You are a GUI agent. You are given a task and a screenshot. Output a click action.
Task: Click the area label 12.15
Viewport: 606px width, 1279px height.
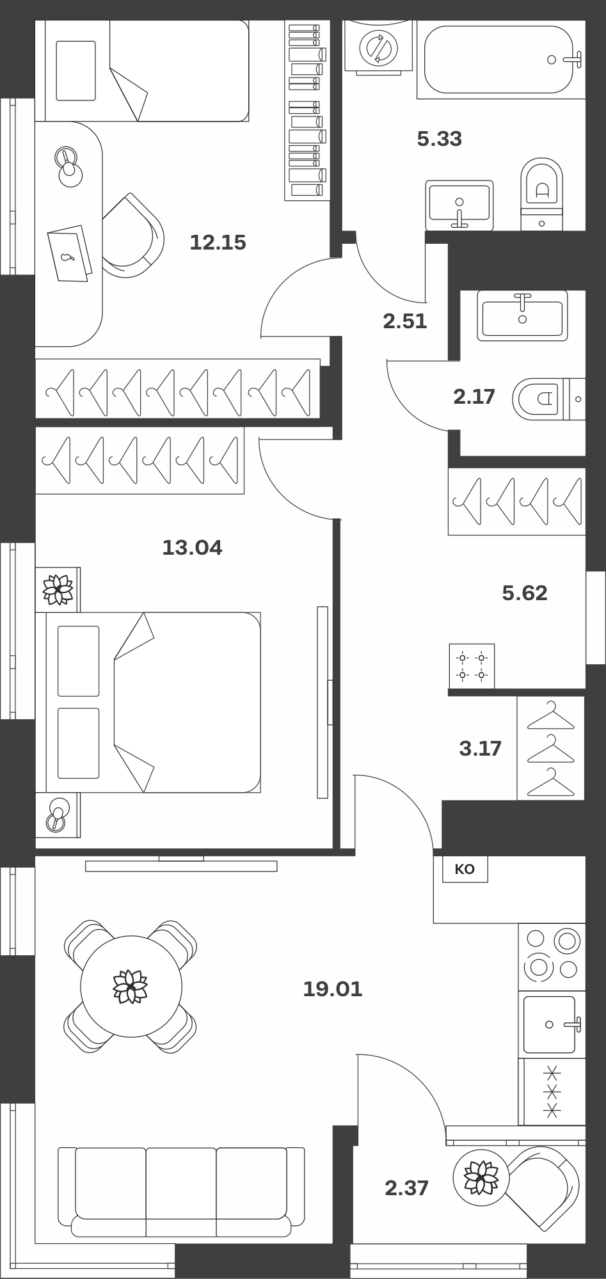[218, 242]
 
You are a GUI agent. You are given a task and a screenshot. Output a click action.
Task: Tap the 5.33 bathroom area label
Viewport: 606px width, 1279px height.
[440, 139]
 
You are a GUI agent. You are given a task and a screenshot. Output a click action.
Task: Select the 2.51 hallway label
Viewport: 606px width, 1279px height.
[405, 321]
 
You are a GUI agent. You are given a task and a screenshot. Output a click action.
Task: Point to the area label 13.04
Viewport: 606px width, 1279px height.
[192, 548]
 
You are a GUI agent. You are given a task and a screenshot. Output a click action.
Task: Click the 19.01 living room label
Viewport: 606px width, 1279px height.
[333, 989]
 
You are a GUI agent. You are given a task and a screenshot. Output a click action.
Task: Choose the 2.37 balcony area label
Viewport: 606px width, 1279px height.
[407, 1188]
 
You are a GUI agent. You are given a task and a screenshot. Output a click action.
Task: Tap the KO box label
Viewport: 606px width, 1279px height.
[465, 869]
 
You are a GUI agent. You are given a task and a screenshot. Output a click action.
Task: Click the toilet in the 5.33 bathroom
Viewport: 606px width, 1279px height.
[542, 195]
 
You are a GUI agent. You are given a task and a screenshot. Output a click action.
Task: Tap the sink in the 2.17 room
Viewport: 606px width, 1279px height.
[522, 316]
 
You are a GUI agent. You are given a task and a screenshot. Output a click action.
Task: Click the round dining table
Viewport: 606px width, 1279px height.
[131, 987]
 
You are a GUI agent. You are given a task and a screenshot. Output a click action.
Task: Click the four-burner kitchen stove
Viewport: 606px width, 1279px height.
[552, 957]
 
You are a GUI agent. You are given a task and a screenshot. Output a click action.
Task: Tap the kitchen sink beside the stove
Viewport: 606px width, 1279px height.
[552, 1024]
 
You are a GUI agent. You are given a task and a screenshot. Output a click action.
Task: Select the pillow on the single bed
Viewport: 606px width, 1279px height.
[76, 70]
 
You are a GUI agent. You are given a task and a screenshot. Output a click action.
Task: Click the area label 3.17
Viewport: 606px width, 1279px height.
[481, 748]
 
